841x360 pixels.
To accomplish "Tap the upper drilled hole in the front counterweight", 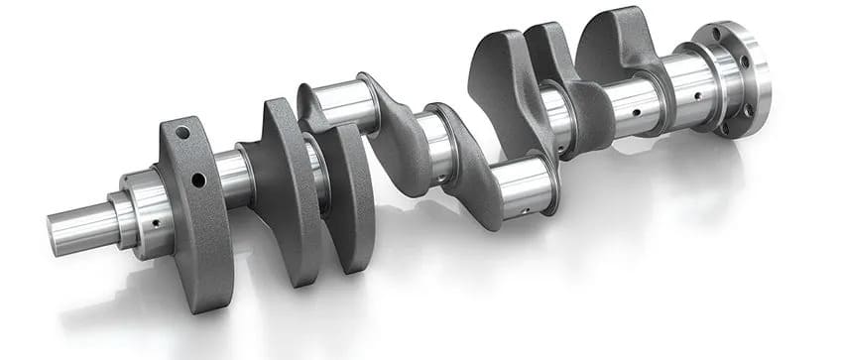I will point(181,132).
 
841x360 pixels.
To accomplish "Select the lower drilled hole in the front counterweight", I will point(197,180).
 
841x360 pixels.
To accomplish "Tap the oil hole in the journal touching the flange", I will point(697,97).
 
